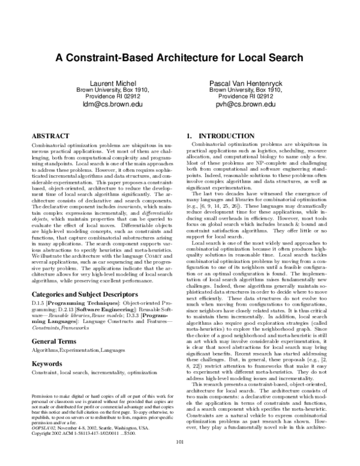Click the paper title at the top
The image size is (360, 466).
(179, 59)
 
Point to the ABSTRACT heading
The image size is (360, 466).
(53, 136)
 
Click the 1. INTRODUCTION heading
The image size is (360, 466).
(217, 136)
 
